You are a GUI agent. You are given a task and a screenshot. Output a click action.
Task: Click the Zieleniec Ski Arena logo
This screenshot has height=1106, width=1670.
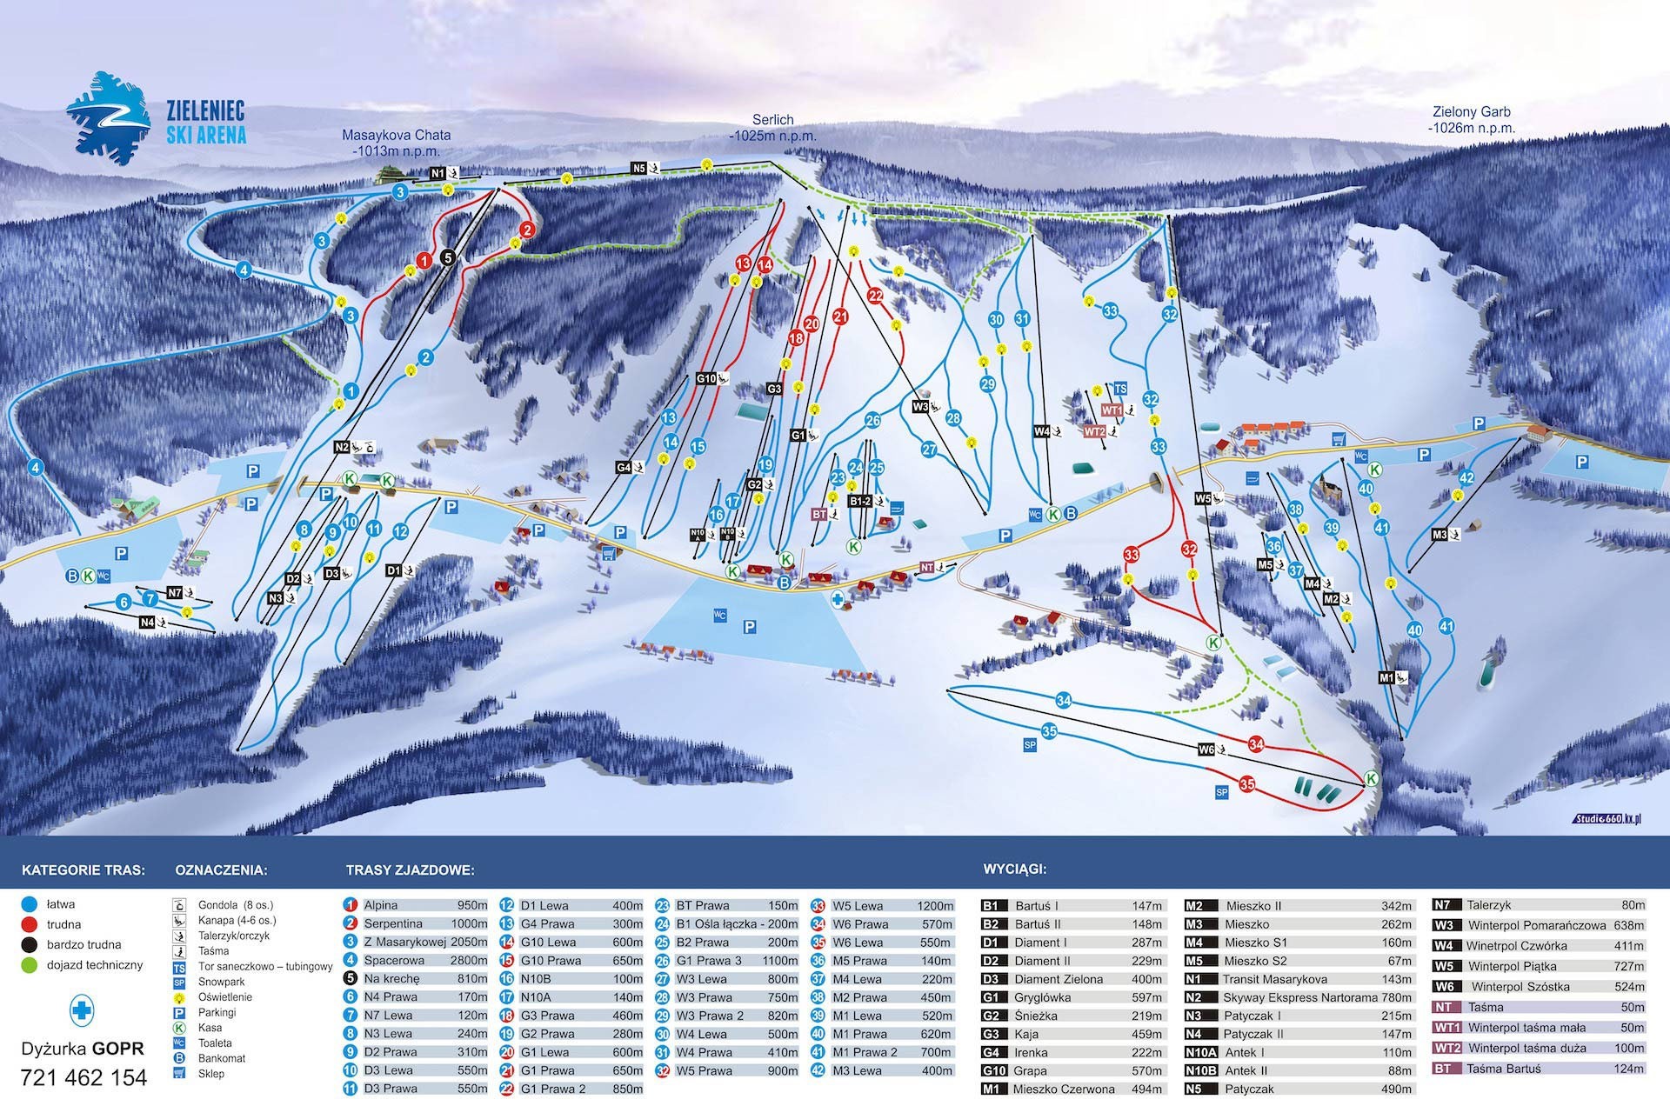coord(157,120)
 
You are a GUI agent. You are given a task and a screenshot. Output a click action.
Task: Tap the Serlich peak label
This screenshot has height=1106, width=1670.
coord(773,128)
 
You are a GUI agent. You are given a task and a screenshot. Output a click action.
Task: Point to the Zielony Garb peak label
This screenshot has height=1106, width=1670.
coord(1471,120)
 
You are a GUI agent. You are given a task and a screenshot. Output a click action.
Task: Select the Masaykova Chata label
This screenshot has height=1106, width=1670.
coord(396,143)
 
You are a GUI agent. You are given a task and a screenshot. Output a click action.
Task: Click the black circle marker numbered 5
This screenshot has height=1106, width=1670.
coord(447,257)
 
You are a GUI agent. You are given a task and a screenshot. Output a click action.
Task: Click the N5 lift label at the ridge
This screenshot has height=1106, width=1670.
coord(639,168)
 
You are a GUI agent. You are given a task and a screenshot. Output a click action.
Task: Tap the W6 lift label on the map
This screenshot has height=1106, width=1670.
coord(1206,749)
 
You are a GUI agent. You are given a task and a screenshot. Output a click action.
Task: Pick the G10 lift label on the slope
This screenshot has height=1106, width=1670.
coord(705,378)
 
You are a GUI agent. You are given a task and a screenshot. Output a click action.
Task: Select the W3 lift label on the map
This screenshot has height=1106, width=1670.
coord(921,406)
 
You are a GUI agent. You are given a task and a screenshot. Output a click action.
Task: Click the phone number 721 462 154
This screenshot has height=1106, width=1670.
coord(83,1078)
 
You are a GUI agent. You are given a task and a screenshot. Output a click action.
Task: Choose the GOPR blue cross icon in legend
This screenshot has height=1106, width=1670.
coord(82,1011)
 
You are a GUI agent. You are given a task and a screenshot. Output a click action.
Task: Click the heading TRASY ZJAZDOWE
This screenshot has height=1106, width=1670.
coord(410,869)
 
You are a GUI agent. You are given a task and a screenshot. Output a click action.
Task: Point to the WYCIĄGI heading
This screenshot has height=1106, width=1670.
coord(1014,869)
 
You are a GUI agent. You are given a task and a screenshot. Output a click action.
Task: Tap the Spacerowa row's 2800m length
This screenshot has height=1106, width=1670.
coord(469,961)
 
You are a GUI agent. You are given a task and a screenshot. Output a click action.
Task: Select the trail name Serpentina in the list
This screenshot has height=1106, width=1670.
coord(393,924)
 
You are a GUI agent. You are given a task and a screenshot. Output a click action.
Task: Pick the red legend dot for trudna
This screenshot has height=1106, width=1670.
coord(30,924)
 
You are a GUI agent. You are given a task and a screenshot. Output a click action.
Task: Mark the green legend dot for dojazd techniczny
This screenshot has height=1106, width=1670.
coord(30,965)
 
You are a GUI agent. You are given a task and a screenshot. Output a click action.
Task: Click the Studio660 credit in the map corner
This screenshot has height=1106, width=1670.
coord(1607,819)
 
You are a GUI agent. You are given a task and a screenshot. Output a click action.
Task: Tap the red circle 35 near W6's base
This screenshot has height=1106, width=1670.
coord(1247,784)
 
